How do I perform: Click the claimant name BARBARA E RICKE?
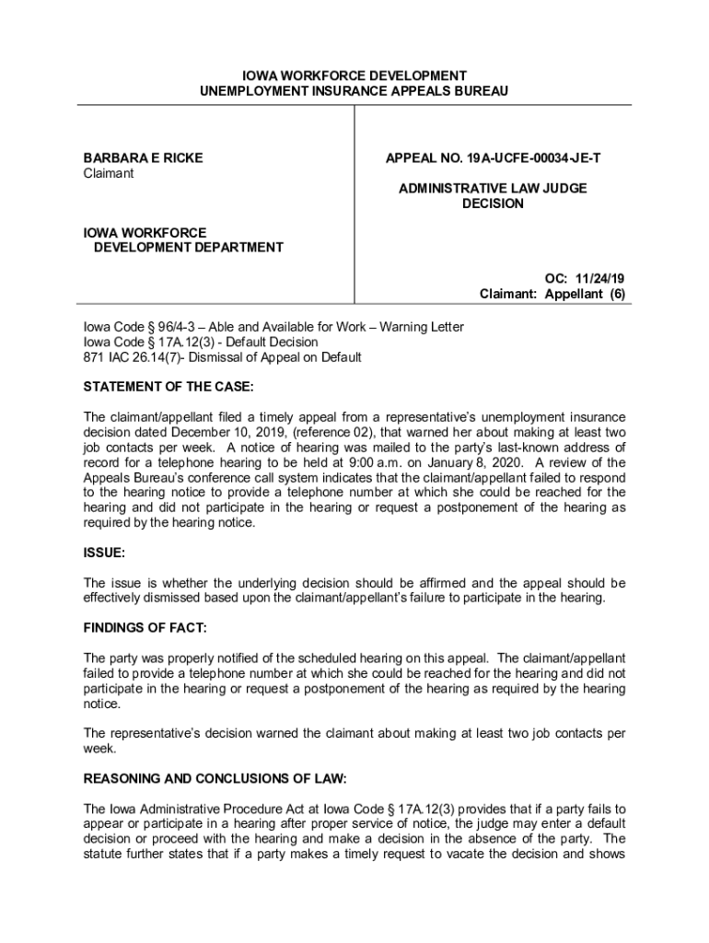coord(143,158)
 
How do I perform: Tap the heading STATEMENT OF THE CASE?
coord(169,386)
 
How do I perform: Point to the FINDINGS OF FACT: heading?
coord(145,628)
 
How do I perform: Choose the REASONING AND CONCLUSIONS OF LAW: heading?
coord(215,778)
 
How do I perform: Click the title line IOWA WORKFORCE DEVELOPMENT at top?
coord(354,76)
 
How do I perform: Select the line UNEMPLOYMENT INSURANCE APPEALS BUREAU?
coord(354,91)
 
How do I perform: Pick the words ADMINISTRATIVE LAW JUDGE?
coord(493,189)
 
